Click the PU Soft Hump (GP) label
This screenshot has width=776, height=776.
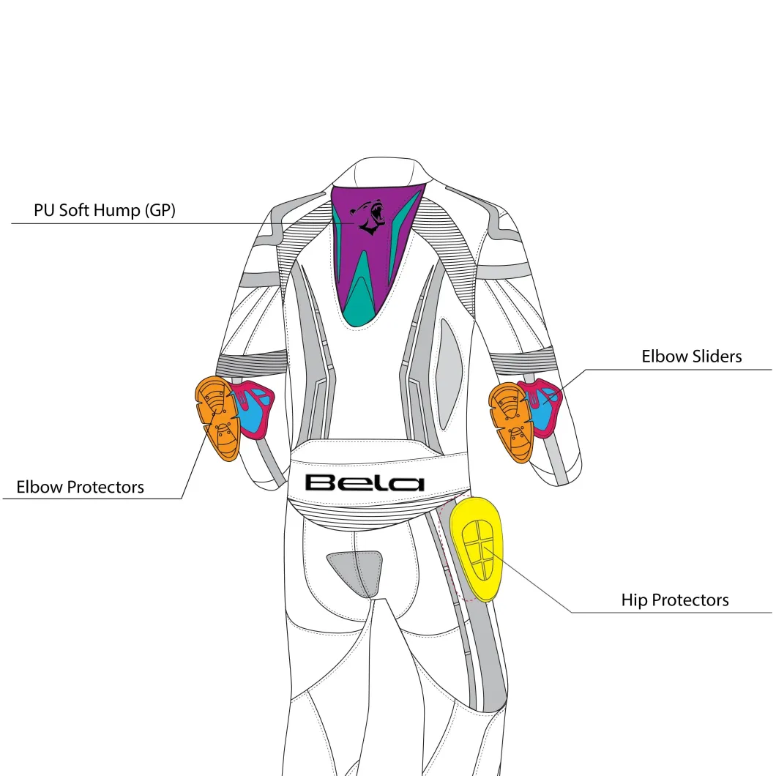point(105,210)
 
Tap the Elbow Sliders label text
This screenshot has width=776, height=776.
point(691,357)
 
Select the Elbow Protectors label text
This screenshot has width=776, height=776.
point(81,487)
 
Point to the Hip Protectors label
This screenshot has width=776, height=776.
point(675,600)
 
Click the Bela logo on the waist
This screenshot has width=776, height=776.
point(365,483)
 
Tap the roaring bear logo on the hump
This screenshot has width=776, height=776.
point(369,217)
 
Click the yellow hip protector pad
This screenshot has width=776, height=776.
point(477,549)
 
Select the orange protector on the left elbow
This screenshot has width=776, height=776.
point(217,418)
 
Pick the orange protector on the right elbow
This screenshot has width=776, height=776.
point(511,422)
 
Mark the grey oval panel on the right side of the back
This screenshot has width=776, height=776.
point(449,373)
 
